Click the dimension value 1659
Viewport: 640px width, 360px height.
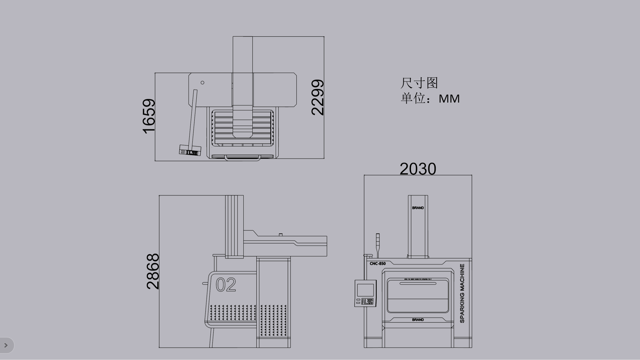[x=149, y=116]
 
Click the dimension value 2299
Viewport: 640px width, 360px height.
[x=317, y=97]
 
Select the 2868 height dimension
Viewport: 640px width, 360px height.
[x=153, y=271]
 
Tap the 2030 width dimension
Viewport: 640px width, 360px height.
[x=418, y=169]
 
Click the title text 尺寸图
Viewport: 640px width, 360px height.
[x=419, y=83]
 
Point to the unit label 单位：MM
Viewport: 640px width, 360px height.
[x=430, y=99]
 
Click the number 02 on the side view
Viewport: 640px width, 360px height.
[x=226, y=285]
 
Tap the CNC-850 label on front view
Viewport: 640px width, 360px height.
[x=377, y=264]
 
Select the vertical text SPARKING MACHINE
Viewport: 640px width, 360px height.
[x=462, y=293]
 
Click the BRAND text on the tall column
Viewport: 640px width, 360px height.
[x=418, y=208]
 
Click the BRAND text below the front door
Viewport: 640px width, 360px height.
[x=418, y=320]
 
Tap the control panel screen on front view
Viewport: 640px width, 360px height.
[x=365, y=290]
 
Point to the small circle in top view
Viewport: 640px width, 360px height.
[x=202, y=83]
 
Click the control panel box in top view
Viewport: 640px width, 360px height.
[x=190, y=150]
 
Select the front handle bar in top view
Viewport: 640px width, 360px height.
[x=243, y=159]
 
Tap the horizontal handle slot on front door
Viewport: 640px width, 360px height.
[x=418, y=284]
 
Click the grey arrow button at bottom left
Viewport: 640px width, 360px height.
[x=6, y=345]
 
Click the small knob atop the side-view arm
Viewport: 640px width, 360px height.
[x=281, y=235]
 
